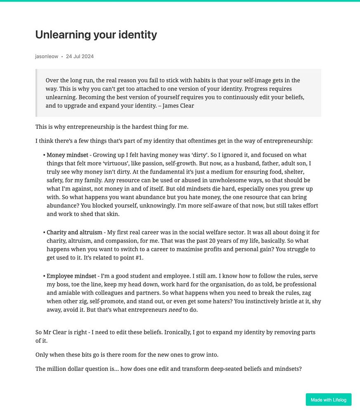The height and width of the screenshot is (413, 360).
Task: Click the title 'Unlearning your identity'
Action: (96, 35)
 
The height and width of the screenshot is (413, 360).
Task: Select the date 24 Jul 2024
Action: (80, 57)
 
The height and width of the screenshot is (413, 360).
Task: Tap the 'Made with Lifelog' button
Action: (328, 400)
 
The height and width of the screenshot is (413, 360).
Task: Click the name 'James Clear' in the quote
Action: (178, 106)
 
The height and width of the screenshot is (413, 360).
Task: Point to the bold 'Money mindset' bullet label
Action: (67, 155)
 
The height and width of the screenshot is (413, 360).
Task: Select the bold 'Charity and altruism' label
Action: (74, 233)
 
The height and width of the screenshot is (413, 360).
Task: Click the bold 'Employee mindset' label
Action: (71, 276)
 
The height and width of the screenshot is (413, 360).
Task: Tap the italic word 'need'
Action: (175, 310)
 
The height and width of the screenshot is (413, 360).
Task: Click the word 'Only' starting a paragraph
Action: (42, 355)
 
